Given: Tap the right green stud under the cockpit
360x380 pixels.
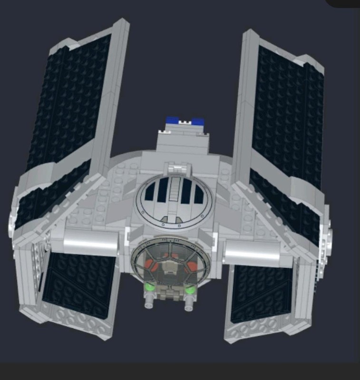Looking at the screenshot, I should pyautogui.click(x=190, y=289).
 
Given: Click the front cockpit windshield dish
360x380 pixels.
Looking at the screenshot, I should pyautogui.click(x=170, y=266).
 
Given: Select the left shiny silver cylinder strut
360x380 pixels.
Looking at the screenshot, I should pyautogui.click(x=90, y=242).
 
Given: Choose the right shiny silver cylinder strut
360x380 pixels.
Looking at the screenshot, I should pyautogui.click(x=252, y=251).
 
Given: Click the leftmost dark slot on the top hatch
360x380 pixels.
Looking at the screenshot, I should pyautogui.click(x=149, y=192).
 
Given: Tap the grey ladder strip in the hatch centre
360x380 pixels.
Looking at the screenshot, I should pyautogui.click(x=175, y=190).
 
